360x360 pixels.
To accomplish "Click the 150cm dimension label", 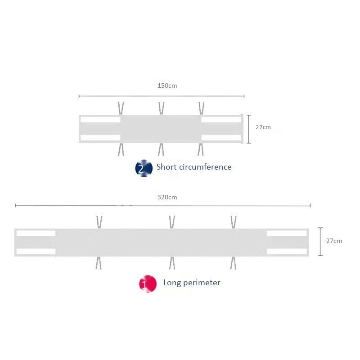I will tap(167, 85).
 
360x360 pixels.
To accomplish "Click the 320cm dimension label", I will tap(167, 197).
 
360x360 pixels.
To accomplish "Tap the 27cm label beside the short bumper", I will tap(263, 127).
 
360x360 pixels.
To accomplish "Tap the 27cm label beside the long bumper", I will tap(334, 241).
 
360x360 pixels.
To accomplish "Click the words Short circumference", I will tap(194, 167).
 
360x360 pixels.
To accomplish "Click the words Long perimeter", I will tap(192, 283).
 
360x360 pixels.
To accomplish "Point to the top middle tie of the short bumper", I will tap(161, 108).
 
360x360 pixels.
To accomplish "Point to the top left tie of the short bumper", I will tap(121, 108).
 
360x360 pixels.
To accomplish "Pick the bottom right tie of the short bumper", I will tap(201, 149).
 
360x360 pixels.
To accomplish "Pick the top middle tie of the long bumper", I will tap(172, 222).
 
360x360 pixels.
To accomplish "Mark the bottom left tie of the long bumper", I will tap(99, 263).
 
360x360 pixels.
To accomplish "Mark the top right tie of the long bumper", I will tap(233, 222).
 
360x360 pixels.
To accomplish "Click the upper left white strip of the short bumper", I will tap(100, 120).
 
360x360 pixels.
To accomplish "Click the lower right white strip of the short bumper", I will tap(221, 138).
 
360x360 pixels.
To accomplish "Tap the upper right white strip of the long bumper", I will tap(287, 234).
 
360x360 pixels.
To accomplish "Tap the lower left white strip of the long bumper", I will tap(36, 251).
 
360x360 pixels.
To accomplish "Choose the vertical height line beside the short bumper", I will tap(249, 129).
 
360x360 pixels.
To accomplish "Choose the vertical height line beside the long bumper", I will tap(320, 242).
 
